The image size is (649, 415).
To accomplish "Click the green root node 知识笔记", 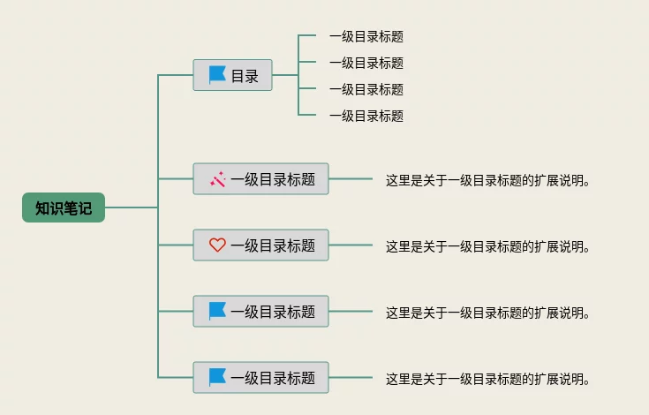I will click(64, 207).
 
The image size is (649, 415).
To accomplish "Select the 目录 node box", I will click(233, 75).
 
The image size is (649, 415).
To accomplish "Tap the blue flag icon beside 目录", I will click(217, 75).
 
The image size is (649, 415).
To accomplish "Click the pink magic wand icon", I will click(217, 179).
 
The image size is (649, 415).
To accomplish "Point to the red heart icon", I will click(217, 245).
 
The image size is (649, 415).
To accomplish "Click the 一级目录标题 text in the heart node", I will click(273, 245).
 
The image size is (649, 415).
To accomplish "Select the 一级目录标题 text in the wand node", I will click(273, 179).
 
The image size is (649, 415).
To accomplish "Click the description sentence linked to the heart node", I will click(487, 246).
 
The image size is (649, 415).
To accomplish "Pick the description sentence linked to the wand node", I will click(487, 180).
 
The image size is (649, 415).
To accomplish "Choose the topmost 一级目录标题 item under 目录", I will click(366, 36).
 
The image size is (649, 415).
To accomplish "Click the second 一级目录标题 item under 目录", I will click(366, 63).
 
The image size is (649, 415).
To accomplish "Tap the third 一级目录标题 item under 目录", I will click(366, 89).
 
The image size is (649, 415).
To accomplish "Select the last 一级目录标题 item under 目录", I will click(366, 116).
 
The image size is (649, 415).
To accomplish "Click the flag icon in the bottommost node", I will click(217, 377).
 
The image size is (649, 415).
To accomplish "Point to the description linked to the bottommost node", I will click(487, 379).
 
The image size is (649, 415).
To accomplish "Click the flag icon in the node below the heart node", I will click(217, 311).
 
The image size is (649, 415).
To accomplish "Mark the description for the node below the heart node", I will click(487, 313).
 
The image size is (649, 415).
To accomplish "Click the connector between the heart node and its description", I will click(351, 245).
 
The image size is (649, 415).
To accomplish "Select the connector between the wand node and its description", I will click(351, 179).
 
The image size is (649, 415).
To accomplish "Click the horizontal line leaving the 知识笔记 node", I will click(131, 207).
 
